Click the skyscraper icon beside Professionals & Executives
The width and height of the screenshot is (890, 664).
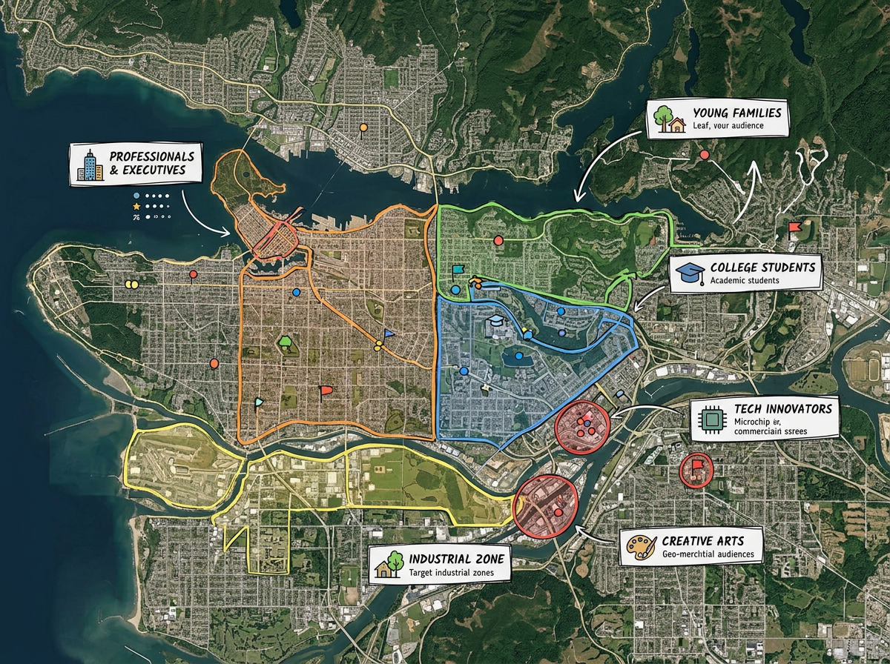[90, 165]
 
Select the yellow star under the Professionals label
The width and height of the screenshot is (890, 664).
[136, 205]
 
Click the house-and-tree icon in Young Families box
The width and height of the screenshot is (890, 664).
[668, 119]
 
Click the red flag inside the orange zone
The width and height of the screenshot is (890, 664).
[325, 390]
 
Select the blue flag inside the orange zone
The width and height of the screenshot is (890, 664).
[389, 334]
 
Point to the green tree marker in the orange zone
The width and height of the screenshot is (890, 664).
[286, 342]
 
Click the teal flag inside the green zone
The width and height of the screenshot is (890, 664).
[457, 270]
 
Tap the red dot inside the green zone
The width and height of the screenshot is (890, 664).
[498, 240]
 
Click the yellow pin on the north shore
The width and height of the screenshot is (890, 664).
[363, 129]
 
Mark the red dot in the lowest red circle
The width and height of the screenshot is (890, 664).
[558, 512]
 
